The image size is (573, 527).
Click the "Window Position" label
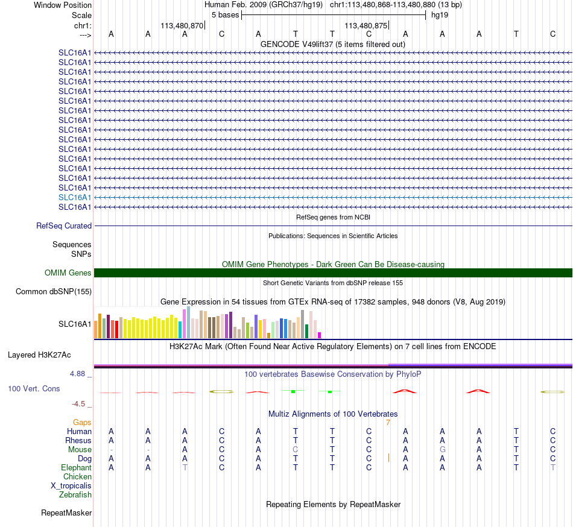(x=63, y=5)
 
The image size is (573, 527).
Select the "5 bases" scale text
(x=225, y=15)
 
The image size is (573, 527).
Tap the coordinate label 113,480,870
(x=182, y=25)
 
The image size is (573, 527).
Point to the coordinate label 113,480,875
(x=366, y=25)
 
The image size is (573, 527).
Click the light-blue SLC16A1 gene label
(x=75, y=198)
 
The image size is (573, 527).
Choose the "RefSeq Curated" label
(x=64, y=226)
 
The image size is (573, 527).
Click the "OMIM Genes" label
(x=68, y=273)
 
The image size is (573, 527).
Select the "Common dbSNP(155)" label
(x=54, y=291)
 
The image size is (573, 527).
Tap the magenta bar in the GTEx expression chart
(x=320, y=335)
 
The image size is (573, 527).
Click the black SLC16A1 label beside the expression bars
(x=75, y=324)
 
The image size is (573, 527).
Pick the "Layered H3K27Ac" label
(x=39, y=355)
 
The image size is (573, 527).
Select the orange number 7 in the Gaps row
(x=388, y=423)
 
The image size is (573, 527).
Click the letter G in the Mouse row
(x=442, y=450)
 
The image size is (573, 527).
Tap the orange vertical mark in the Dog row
(x=388, y=458)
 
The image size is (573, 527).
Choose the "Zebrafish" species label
(x=75, y=495)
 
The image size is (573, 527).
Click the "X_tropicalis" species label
(x=71, y=486)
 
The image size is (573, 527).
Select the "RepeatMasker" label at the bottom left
(x=66, y=513)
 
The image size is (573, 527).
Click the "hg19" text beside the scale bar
(x=440, y=15)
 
